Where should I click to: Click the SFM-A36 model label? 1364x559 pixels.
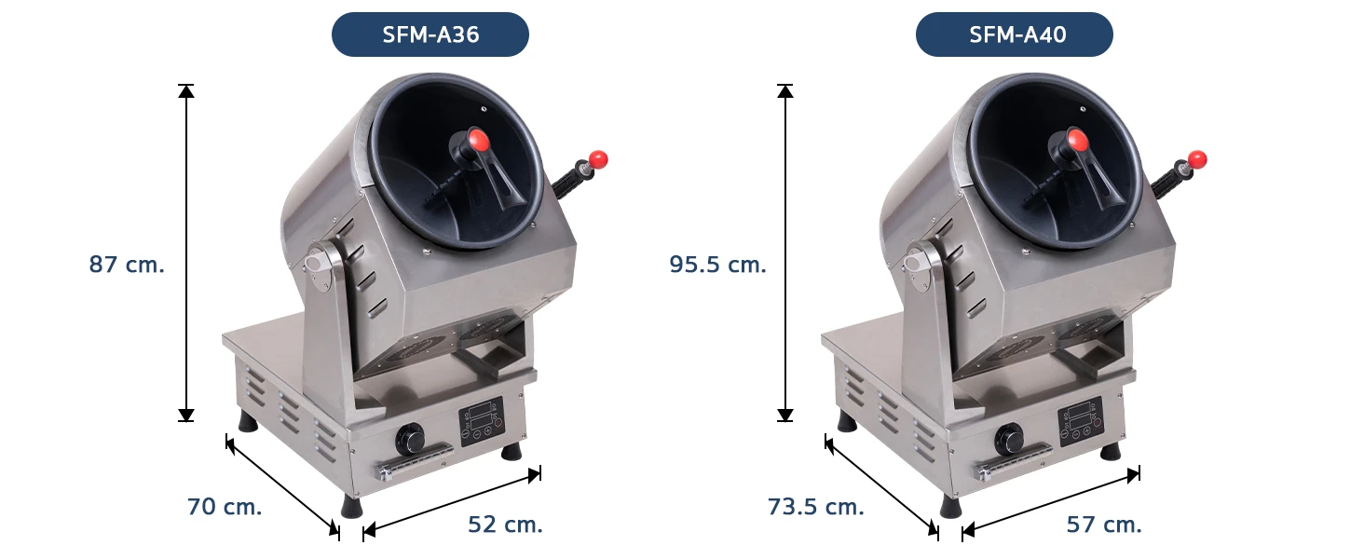click(430, 34)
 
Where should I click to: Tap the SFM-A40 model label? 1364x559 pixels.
click(1017, 34)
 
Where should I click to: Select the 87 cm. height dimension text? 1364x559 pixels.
click(127, 265)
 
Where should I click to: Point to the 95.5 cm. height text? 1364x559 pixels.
click(717, 265)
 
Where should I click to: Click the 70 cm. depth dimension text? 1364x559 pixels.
click(225, 507)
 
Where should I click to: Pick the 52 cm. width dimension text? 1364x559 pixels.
click(505, 525)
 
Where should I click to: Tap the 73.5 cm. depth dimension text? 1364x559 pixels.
click(815, 507)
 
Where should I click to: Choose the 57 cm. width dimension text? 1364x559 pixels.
click(1104, 525)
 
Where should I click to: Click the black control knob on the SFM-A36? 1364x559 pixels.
click(409, 439)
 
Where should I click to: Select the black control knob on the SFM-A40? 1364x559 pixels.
click(1008, 439)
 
